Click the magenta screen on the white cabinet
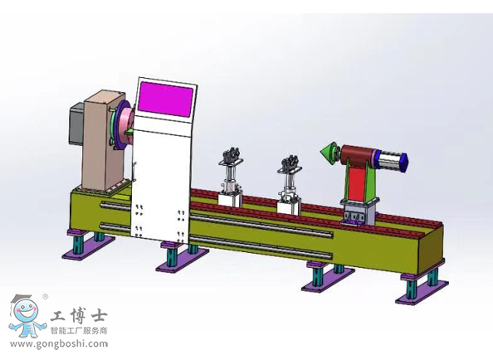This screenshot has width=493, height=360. [x=165, y=100]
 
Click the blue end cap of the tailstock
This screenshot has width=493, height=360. [x=403, y=162]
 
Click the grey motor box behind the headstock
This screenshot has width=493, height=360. [x=76, y=124]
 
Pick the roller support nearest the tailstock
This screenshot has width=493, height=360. [x=290, y=187]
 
